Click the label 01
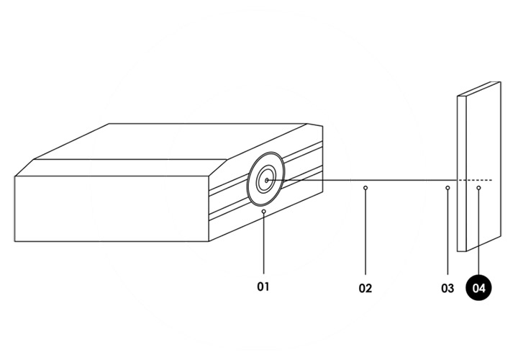pyautogui.click(x=263, y=287)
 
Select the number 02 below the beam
pyautogui.click(x=365, y=289)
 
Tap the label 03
pyautogui.click(x=447, y=289)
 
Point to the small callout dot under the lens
pyautogui.click(x=264, y=212)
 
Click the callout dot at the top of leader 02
pyautogui.click(x=365, y=189)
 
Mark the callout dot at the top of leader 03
pyautogui.click(x=447, y=189)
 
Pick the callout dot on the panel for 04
pyautogui.click(x=479, y=189)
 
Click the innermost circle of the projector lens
pyautogui.click(x=266, y=180)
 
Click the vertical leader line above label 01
pyautogui.click(x=264, y=245)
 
